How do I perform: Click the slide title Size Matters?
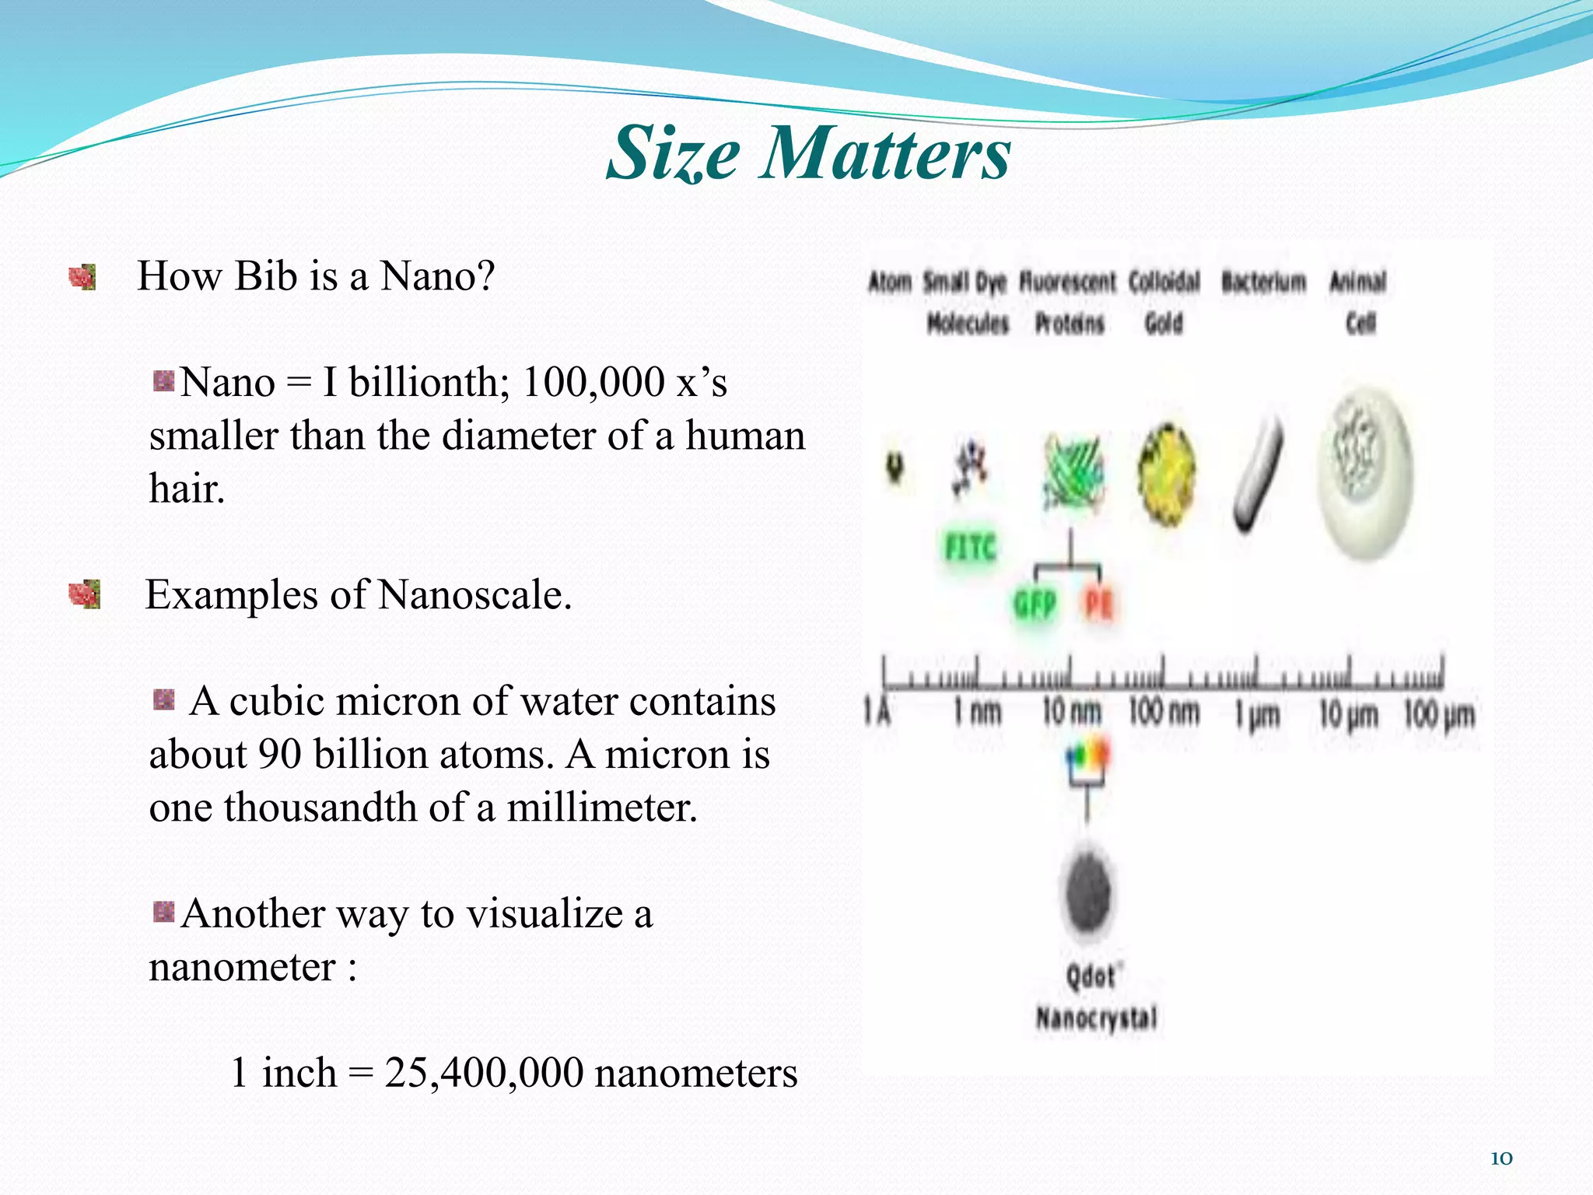(x=808, y=152)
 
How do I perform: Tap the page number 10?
(x=1500, y=1158)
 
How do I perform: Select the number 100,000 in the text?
(x=593, y=383)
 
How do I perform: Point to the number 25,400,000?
(x=483, y=1074)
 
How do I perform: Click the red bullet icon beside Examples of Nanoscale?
(x=84, y=595)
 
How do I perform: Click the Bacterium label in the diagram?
(x=1263, y=282)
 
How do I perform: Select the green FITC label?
(x=970, y=547)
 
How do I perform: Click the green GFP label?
(x=1035, y=605)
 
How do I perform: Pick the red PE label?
(x=1098, y=604)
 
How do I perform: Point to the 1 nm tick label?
(x=978, y=712)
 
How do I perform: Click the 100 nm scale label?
(x=1164, y=712)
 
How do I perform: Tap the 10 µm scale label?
(x=1348, y=714)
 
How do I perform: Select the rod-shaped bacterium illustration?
(x=1258, y=475)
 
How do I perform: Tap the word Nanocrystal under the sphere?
(x=1096, y=1018)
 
